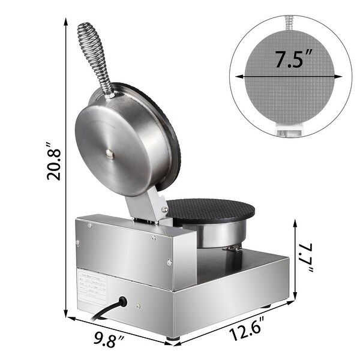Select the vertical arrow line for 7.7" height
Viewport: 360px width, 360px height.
tap(295, 258)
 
